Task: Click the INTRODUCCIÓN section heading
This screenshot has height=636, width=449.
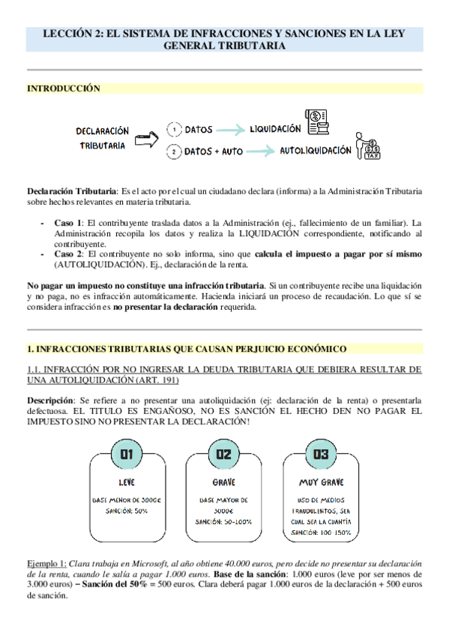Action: click(x=63, y=88)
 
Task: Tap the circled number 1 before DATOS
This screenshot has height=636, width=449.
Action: click(x=173, y=129)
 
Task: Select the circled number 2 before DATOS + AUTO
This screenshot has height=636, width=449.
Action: click(x=173, y=152)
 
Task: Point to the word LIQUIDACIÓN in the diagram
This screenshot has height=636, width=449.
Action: click(x=275, y=128)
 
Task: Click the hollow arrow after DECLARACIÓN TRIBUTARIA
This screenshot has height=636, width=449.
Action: click(x=150, y=138)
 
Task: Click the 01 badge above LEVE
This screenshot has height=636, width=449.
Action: click(x=126, y=454)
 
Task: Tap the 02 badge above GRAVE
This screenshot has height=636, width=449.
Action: click(x=223, y=454)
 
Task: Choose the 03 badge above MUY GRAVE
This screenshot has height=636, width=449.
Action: click(x=321, y=454)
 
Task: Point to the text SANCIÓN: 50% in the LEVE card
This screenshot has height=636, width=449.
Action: click(x=126, y=511)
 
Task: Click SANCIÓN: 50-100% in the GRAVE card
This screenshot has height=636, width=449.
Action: click(x=223, y=521)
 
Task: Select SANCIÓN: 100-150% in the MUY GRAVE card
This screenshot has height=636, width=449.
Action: click(x=321, y=532)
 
